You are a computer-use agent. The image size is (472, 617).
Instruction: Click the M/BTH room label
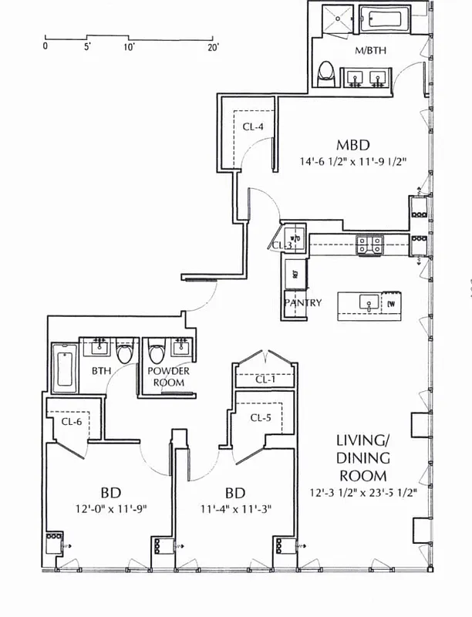pyautogui.click(x=371, y=51)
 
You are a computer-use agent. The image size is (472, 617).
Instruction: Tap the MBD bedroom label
pyautogui.click(x=352, y=145)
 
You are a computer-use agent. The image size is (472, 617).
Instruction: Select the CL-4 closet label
pyautogui.click(x=253, y=127)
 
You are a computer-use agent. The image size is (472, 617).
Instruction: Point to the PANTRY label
pyautogui.click(x=302, y=303)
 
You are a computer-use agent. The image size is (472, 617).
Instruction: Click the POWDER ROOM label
pyautogui.click(x=169, y=376)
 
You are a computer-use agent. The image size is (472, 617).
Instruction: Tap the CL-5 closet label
pyautogui.click(x=262, y=417)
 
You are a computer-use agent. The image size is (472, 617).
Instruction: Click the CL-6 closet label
pyautogui.click(x=72, y=421)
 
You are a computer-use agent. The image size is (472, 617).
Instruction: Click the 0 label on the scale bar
pyautogui.click(x=46, y=47)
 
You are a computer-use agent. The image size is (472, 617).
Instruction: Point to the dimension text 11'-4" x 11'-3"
pyautogui.click(x=235, y=508)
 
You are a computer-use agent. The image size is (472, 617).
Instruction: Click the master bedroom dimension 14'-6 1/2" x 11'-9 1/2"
pyautogui.click(x=354, y=162)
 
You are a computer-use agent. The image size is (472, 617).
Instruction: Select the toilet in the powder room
pyautogui.click(x=157, y=354)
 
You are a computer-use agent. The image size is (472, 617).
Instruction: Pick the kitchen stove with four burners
pyautogui.click(x=369, y=244)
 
